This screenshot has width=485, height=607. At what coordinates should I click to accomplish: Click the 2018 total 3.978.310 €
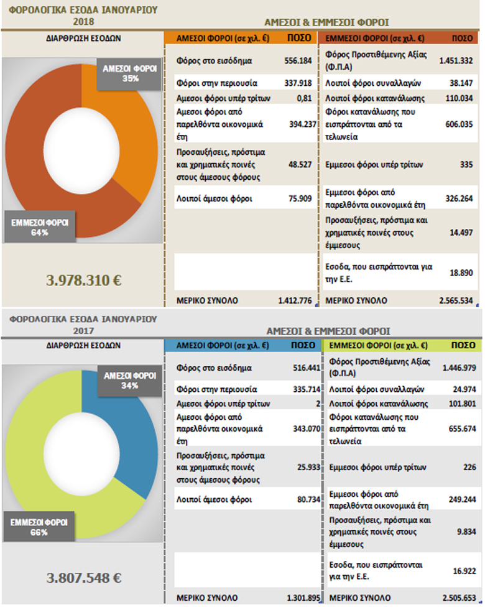83,280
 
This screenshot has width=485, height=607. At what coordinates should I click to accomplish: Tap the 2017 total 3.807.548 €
83,578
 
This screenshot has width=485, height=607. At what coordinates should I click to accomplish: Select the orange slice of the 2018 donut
127,132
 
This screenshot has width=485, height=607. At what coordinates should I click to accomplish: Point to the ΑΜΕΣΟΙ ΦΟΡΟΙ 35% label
129,73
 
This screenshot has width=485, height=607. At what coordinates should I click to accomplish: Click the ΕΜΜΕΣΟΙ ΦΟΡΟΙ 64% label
39,227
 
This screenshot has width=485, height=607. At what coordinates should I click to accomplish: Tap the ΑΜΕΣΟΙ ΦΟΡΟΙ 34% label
130,381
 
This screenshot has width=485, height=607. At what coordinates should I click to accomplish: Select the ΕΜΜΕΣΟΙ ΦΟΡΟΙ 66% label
39,527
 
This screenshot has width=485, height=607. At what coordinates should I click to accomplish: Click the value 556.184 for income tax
298,61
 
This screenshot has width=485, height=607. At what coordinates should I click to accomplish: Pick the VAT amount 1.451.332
456,60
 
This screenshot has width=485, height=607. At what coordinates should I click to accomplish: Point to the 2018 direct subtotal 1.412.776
295,300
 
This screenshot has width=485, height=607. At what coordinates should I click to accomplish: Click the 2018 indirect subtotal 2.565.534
456,300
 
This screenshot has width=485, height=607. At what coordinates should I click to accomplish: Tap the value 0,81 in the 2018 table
304,98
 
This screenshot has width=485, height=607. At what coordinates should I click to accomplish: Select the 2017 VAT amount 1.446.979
459,368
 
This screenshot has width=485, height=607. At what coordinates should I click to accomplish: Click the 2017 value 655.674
462,429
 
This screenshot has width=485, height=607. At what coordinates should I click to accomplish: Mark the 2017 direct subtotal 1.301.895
303,598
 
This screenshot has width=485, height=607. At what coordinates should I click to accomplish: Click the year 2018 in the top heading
83,21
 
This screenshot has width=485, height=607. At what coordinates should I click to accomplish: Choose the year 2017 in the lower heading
83,331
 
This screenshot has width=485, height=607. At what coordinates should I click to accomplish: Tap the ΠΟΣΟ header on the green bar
463,345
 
